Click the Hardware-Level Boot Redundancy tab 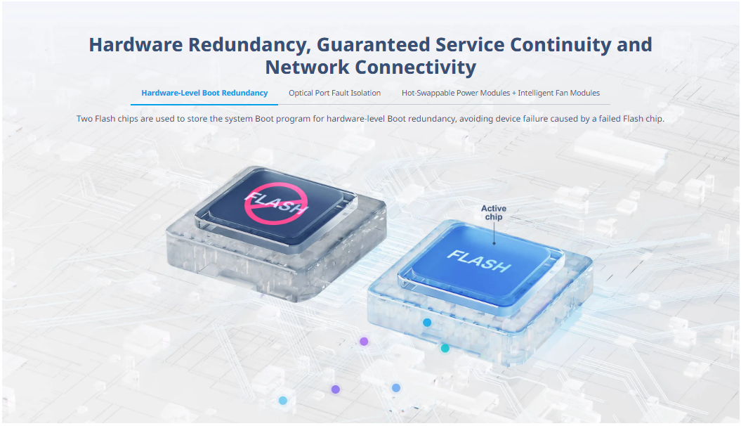[x=204, y=93]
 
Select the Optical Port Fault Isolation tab [x=334, y=93]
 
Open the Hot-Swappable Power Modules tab [x=501, y=93]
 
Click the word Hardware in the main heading [x=136, y=44]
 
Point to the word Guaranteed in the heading [x=374, y=44]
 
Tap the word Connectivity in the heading [x=415, y=67]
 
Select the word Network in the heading [x=307, y=67]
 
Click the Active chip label [x=494, y=212]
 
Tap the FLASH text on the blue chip [x=479, y=261]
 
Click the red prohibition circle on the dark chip [x=276, y=203]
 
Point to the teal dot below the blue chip [x=445, y=349]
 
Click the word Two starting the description [x=84, y=119]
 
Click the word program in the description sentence [x=293, y=119]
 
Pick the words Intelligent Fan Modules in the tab [x=559, y=93]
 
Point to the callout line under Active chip [x=494, y=233]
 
